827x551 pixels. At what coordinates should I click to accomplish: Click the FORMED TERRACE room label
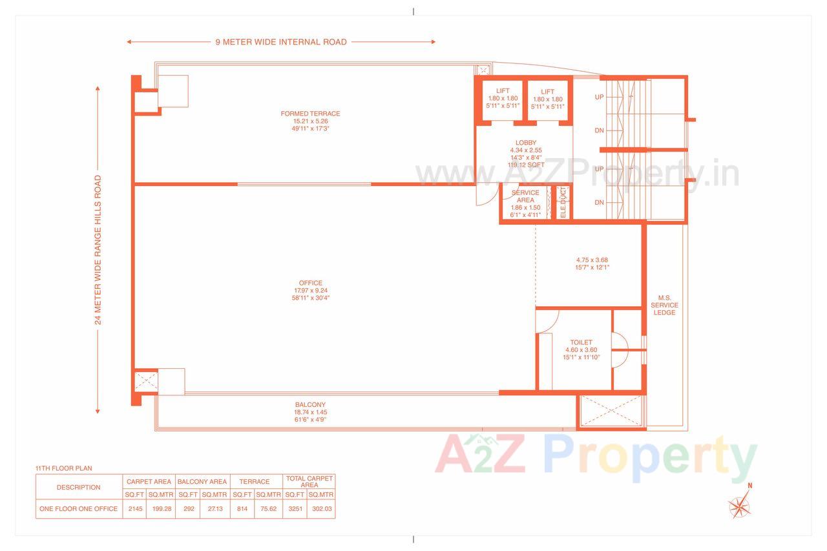click(310, 114)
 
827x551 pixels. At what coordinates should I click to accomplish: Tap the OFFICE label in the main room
click(310, 283)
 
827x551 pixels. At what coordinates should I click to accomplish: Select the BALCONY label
click(310, 405)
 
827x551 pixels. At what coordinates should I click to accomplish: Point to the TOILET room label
click(581, 342)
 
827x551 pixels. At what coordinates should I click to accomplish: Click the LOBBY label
click(525, 143)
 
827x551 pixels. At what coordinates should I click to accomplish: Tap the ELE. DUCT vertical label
click(563, 202)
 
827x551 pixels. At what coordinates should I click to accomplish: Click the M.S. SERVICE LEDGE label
click(664, 305)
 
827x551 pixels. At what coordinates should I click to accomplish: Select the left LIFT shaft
click(503, 99)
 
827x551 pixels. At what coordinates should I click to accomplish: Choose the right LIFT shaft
click(548, 99)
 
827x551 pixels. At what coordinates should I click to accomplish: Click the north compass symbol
click(740, 504)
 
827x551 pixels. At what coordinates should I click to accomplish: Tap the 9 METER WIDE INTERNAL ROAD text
click(281, 42)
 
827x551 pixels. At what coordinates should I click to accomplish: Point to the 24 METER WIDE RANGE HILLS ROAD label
click(98, 249)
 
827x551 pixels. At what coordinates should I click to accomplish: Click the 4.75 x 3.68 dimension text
click(592, 260)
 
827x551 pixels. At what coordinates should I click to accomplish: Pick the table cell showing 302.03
click(321, 509)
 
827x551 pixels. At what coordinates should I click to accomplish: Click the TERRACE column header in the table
click(255, 482)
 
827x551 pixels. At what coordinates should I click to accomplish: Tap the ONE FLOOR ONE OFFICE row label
click(79, 509)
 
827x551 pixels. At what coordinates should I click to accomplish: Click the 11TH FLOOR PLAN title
click(63, 468)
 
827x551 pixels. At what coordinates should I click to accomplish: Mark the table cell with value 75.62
click(268, 509)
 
